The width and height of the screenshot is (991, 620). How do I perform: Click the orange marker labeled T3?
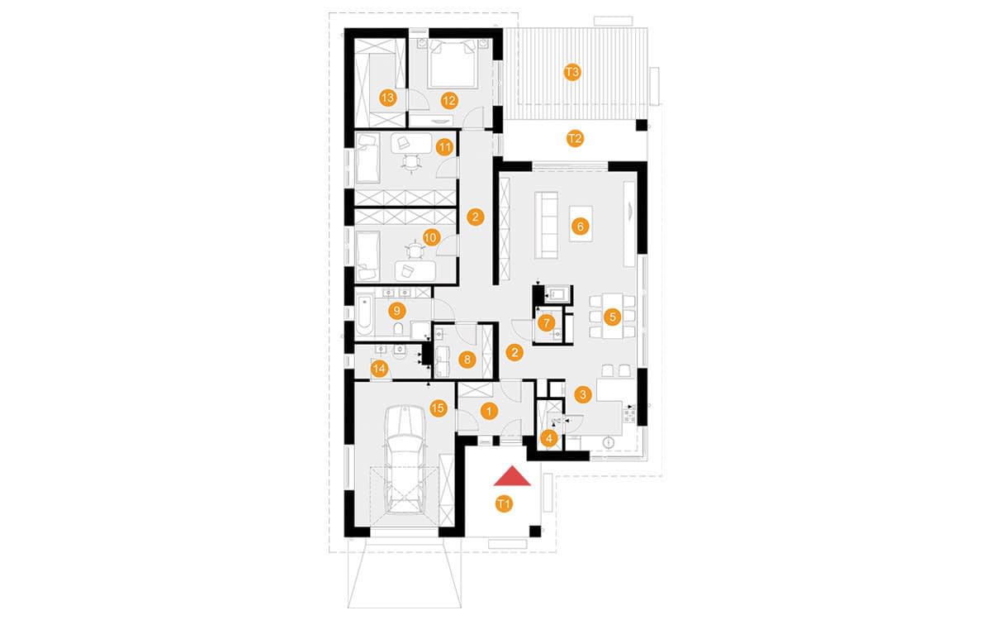pos(572,72)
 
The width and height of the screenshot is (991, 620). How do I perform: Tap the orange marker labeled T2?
pos(575,139)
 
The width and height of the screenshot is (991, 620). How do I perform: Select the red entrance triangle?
pos(513,476)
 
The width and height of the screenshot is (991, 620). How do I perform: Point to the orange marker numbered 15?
pos(439,407)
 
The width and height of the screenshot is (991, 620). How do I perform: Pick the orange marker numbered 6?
pos(580,226)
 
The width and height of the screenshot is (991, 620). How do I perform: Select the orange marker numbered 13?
pos(387,98)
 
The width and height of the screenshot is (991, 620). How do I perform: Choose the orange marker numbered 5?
pos(612,317)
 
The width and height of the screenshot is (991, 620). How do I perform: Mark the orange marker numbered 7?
pos(546,323)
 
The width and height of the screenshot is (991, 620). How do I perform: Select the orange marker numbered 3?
pos(583,394)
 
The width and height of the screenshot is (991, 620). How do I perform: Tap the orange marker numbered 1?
pos(488,411)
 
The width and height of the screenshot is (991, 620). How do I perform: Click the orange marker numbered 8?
pos(467,360)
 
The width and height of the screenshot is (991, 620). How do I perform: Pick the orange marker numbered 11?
pos(444,148)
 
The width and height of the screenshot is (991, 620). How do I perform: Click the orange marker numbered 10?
pos(429,237)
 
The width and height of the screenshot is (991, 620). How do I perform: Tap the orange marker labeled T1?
pos(503,503)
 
